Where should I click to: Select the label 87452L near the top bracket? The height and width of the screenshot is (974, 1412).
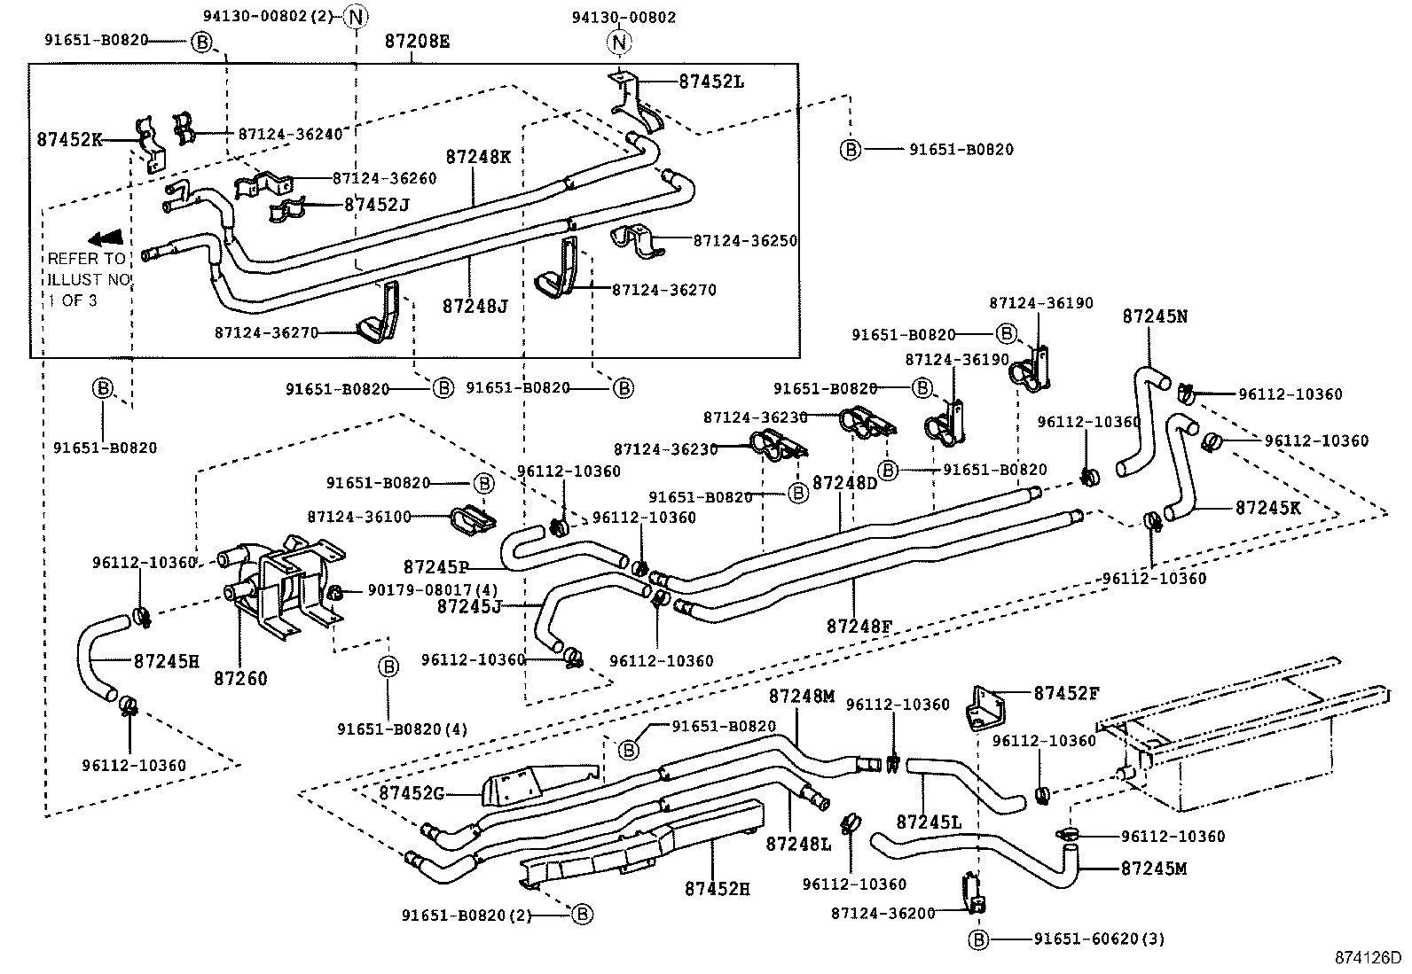[711, 82]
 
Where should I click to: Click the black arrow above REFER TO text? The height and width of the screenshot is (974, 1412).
[106, 238]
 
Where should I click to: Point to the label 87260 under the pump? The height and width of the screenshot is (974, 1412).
[240, 679]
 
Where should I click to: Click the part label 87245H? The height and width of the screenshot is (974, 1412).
[167, 660]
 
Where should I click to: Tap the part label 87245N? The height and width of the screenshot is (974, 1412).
[1155, 316]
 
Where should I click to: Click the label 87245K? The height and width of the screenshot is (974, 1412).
[1267, 507]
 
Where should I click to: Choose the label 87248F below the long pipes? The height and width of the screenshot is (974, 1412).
[859, 626]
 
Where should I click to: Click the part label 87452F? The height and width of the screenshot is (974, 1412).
[1066, 693]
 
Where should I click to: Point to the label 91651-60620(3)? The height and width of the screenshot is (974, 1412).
[1099, 939]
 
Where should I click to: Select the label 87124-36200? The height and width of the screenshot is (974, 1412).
[883, 913]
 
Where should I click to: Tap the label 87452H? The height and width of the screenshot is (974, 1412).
[717, 888]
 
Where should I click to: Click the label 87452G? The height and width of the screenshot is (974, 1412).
[412, 792]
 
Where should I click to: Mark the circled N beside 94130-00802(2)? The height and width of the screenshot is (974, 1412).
[355, 16]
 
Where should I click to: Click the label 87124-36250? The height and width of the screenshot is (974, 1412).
[745, 240]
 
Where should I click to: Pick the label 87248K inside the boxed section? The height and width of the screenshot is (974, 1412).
[478, 157]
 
